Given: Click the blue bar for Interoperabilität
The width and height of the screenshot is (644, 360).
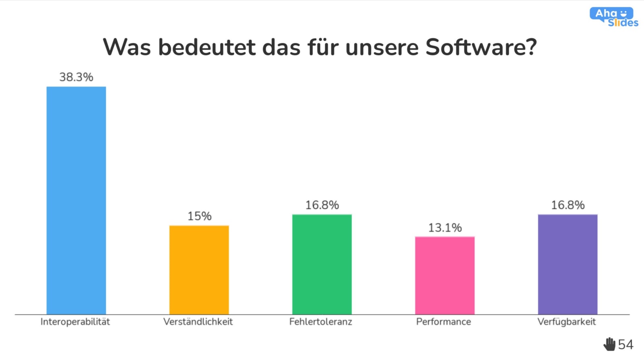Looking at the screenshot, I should tap(76, 200).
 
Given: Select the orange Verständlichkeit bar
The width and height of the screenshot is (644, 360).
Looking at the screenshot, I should tap(199, 270).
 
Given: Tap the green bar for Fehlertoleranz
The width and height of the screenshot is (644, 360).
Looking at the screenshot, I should tap(322, 264).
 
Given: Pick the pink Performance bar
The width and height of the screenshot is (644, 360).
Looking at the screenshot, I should tap(445, 275).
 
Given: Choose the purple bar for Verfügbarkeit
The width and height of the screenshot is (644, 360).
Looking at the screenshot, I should tap(568, 264).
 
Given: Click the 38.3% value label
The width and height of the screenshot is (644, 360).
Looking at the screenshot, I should tap(76, 77).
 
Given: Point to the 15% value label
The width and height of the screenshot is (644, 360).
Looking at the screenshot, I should tap(199, 216).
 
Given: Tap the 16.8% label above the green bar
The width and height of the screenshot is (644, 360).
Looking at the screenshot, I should tap(322, 205).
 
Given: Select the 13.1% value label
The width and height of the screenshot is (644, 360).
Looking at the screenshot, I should tap(445, 228).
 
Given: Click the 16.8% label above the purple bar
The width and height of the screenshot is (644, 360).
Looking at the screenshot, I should tap(568, 205).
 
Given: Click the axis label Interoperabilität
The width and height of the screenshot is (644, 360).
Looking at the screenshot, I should tap(75, 322).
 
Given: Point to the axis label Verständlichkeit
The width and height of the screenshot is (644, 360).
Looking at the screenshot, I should tap(198, 322).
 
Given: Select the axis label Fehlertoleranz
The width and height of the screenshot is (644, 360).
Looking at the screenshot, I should tap(321, 322).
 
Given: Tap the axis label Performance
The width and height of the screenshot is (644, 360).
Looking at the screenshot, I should tap(444, 322).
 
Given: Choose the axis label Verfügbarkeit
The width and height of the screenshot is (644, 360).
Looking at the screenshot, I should tap(567, 322).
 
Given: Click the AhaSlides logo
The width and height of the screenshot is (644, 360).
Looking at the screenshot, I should tap(614, 18).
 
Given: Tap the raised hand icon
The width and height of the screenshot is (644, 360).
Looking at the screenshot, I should tap(609, 344).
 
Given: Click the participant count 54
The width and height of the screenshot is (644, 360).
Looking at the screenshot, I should tap(626, 345).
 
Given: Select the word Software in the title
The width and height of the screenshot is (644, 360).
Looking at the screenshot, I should tap(481, 48).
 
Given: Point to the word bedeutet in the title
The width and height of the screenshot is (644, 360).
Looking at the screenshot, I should tap(207, 48).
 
